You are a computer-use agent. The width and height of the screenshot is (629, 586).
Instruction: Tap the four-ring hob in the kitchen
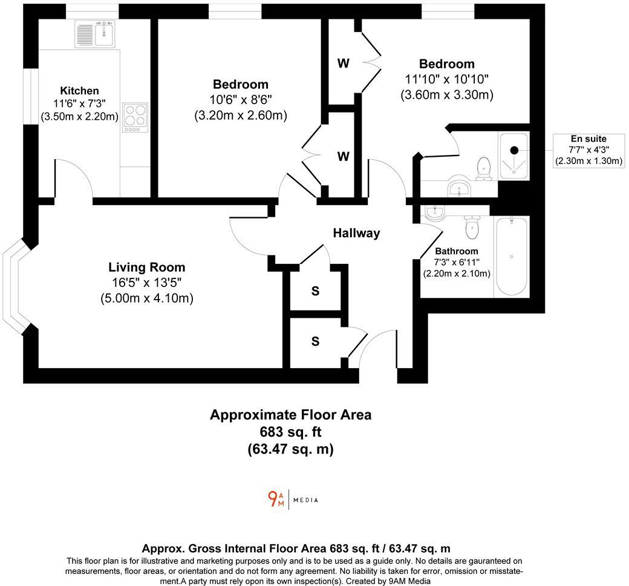click(135, 117)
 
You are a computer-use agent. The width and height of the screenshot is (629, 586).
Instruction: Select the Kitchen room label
click(79, 91)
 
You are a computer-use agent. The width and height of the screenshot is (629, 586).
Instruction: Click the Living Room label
click(147, 267)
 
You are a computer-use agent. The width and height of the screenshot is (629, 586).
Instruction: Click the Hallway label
click(357, 233)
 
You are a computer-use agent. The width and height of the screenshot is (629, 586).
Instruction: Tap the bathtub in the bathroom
click(512, 257)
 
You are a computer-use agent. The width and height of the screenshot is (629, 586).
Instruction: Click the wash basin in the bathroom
click(435, 212)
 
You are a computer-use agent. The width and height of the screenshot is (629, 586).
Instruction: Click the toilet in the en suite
click(484, 169)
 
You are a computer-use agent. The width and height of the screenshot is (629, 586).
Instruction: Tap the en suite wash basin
click(460, 189)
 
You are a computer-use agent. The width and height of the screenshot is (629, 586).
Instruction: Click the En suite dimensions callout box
click(588, 150)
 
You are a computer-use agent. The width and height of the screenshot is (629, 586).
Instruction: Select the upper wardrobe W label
click(343, 63)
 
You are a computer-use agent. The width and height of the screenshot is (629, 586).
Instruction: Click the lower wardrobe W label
click(343, 156)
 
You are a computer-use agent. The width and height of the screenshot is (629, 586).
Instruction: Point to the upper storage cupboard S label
click(315, 291)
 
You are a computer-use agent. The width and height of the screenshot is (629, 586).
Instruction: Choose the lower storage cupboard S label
click(315, 341)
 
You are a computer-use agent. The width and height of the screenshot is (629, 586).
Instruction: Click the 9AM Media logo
click(293, 500)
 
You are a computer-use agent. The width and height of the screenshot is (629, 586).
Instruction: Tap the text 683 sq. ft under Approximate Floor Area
click(290, 432)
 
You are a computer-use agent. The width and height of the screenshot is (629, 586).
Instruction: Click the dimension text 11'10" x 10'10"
click(447, 79)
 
